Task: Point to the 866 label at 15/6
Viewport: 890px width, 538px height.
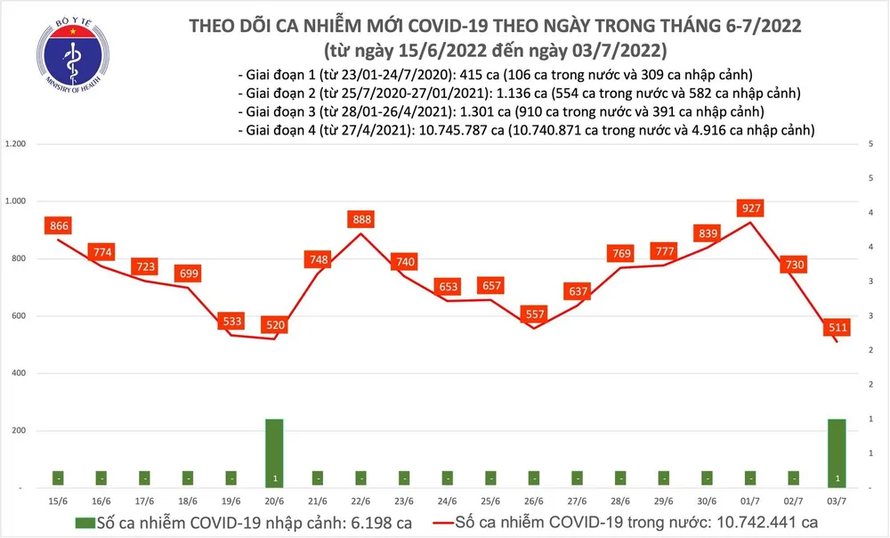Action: click(x=60, y=226)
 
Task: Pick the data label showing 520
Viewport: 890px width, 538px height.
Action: click(x=275, y=325)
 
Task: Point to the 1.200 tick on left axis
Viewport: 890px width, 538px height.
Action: click(x=16, y=144)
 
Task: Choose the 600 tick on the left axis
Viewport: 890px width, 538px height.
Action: click(x=20, y=316)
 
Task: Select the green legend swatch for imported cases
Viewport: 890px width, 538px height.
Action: click(x=85, y=522)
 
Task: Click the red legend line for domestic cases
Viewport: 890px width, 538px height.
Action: click(x=434, y=522)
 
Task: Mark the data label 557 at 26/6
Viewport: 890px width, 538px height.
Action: click(x=534, y=314)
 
